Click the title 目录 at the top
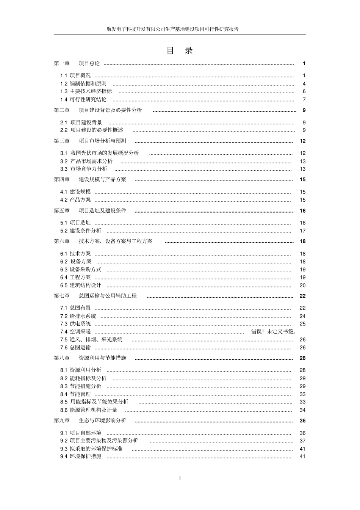(180, 51)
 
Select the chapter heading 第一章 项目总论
(77, 63)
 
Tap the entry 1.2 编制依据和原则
(83, 83)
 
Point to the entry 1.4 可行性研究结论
(83, 99)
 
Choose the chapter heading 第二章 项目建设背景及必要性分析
(98, 110)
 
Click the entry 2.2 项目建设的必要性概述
(92, 130)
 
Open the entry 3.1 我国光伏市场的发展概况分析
(100, 153)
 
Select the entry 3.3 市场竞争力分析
(84, 169)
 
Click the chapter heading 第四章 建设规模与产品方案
(90, 179)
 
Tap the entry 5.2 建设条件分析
(81, 231)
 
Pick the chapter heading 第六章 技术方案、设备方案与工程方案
(103, 241)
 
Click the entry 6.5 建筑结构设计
(81, 285)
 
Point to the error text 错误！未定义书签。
(274, 331)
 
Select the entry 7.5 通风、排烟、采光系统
(91, 339)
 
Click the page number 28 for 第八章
(302, 358)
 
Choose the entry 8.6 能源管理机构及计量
(89, 410)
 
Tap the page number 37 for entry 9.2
(302, 441)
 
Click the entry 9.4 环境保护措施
(81, 456)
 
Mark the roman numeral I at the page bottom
(180, 478)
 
